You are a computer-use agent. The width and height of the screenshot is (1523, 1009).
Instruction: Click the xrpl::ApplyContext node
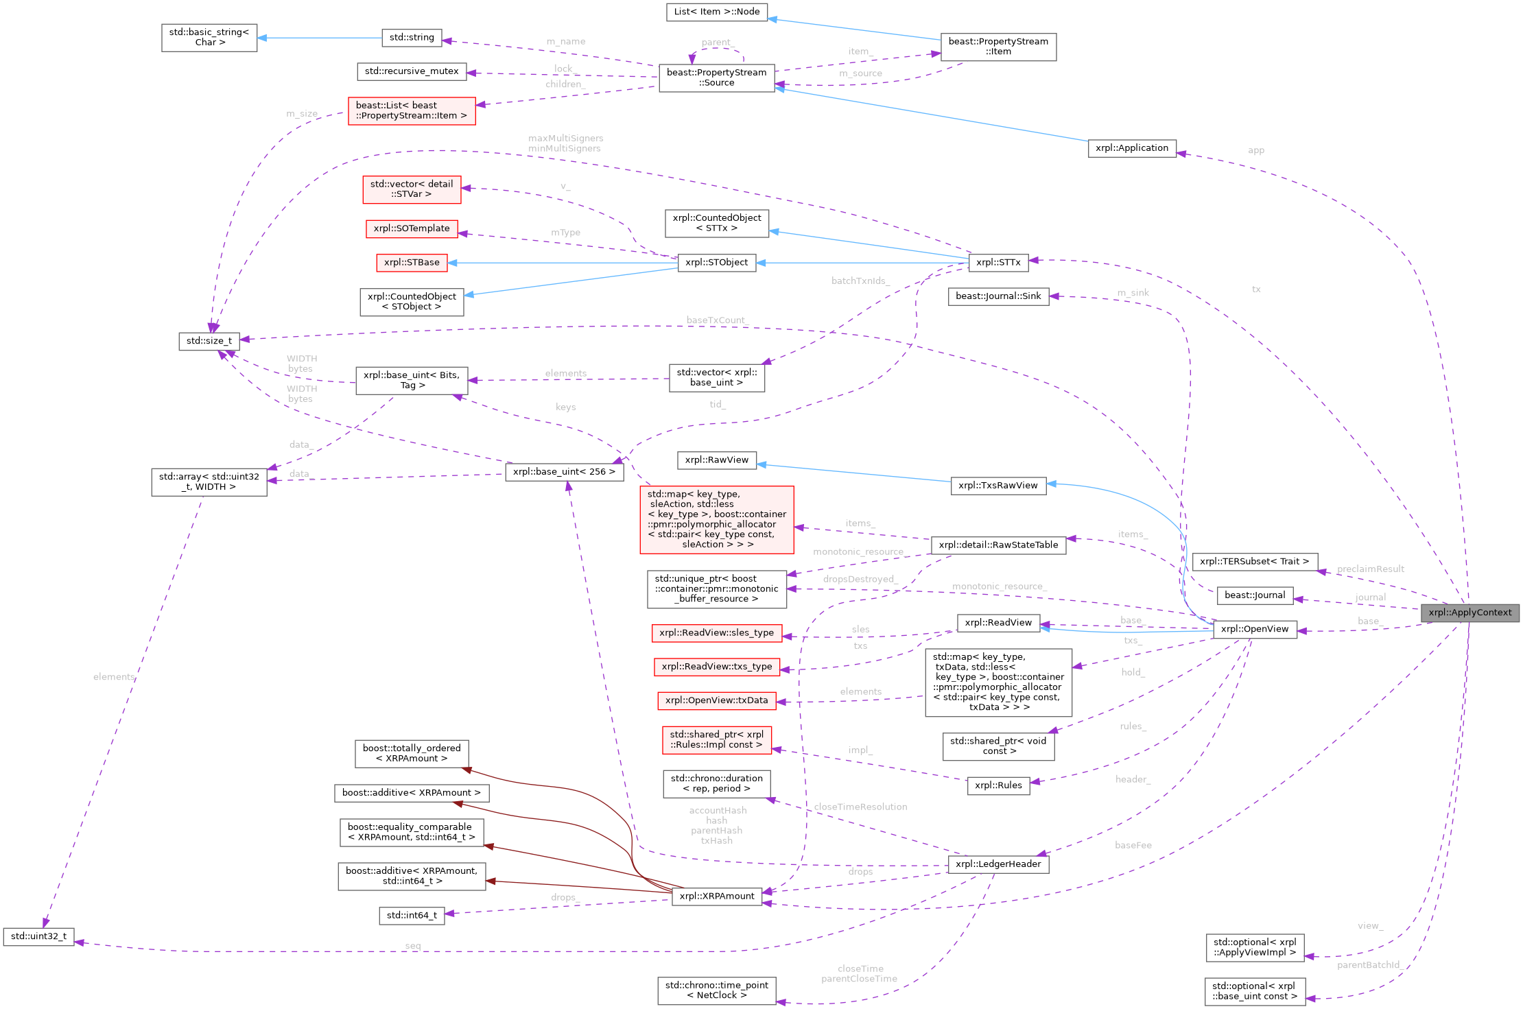coord(1469,613)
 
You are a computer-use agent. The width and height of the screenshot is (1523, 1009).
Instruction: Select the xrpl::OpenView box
coord(1254,629)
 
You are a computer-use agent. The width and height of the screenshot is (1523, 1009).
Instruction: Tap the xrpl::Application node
coord(1131,148)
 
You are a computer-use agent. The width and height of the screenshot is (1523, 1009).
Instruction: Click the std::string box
coord(412,38)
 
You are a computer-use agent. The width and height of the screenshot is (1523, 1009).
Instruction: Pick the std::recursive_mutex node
coord(412,71)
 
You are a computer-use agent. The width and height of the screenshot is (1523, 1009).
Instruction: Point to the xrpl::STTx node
coord(997,262)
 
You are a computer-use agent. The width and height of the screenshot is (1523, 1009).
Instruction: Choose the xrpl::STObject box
coord(716,262)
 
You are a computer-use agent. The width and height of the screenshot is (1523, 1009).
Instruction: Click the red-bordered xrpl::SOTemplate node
coord(412,228)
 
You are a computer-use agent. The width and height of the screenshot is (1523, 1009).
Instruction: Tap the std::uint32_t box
coord(38,936)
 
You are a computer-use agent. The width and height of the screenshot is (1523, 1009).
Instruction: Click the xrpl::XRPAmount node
coord(716,896)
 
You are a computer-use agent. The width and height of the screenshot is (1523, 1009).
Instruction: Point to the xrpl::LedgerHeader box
coord(997,864)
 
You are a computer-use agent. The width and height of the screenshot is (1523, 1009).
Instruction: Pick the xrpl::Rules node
coord(997,785)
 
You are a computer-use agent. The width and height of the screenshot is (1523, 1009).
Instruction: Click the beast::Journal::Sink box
coord(997,296)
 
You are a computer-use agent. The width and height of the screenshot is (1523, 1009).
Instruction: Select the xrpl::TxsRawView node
coord(997,486)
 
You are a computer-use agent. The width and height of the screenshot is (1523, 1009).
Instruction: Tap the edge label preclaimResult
coord(1370,569)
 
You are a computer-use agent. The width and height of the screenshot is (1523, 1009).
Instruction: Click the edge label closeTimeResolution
coord(860,807)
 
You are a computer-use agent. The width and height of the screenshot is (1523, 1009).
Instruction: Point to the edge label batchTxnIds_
coord(860,281)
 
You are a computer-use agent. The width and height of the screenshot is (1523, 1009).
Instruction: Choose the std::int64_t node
coord(412,915)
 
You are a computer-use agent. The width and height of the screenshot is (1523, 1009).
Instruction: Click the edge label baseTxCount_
coord(717,320)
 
